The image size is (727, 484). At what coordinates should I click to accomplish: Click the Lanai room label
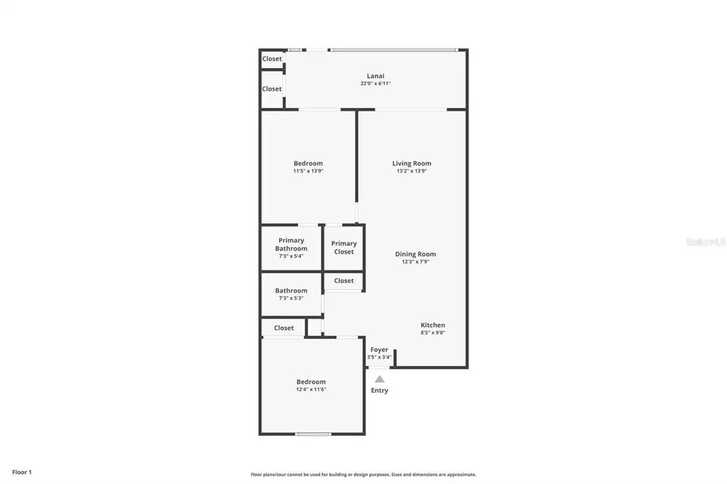[376, 76]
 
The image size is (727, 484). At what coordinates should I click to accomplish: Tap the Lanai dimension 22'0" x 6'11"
[376, 84]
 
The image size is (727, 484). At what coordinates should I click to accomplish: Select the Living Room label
[412, 163]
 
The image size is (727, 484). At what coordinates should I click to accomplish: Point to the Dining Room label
[415, 254]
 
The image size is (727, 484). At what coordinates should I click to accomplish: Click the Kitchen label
[432, 325]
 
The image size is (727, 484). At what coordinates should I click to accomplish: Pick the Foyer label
[379, 350]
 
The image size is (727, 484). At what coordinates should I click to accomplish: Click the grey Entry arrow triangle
[380, 379]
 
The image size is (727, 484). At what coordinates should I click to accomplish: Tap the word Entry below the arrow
[380, 390]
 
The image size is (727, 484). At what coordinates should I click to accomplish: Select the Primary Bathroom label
[291, 244]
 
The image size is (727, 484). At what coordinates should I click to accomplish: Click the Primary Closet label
[344, 248]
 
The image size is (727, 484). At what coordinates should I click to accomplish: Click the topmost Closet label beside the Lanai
[272, 59]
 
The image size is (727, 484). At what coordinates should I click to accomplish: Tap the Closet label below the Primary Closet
[344, 280]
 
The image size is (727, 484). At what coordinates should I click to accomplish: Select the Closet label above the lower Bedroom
[284, 328]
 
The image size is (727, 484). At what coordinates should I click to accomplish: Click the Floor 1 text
[22, 472]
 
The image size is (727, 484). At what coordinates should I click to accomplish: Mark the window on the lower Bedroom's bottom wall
[313, 434]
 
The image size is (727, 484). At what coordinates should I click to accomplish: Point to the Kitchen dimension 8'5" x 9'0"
[432, 333]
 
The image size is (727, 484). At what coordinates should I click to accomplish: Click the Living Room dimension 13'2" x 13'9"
[412, 171]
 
